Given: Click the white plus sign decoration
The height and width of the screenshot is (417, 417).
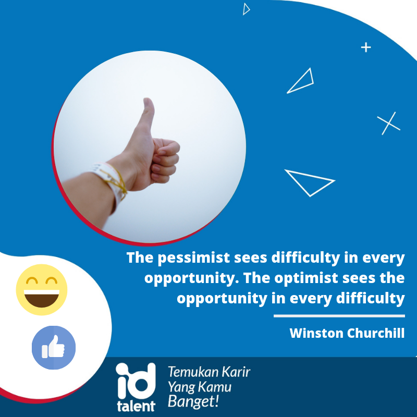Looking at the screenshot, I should pos(366,47).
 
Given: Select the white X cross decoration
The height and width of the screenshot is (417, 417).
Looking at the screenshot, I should pos(388,124).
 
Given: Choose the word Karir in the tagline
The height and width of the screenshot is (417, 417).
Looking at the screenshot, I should pos(234,372).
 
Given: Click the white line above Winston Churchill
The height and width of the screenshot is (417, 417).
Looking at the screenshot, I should pos(339,316).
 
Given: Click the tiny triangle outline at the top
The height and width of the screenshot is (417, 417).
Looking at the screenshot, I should pos(246,9).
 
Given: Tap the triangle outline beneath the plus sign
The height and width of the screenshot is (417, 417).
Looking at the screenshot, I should pos(301,82).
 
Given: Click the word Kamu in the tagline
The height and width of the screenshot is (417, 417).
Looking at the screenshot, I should pos(216,387).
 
